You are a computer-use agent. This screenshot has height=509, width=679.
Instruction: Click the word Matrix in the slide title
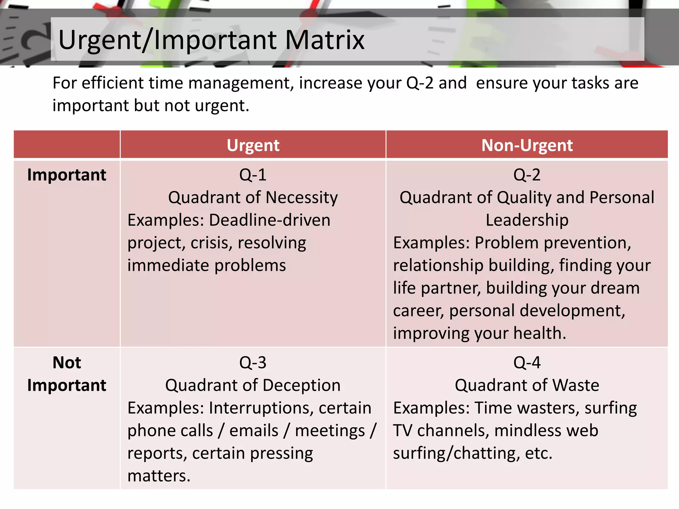pyautogui.click(x=325, y=40)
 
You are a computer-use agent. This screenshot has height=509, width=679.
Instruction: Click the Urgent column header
pyautogui.click(x=253, y=145)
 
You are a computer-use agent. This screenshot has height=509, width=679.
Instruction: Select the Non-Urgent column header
pyautogui.click(x=527, y=145)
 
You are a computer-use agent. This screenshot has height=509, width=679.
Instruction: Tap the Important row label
pyautogui.click(x=67, y=175)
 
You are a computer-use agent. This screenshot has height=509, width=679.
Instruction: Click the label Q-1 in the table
pyautogui.click(x=253, y=175)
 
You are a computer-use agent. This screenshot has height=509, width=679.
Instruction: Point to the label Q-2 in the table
pyautogui.click(x=527, y=175)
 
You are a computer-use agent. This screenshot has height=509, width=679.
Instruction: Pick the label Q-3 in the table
pyautogui.click(x=253, y=363)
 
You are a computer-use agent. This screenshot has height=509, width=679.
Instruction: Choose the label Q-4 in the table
pyautogui.click(x=527, y=363)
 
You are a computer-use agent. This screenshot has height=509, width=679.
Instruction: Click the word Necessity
pyautogui.click(x=302, y=198)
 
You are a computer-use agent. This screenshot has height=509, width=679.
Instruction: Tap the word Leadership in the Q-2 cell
pyautogui.click(x=527, y=220)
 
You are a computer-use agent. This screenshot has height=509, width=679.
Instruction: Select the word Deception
pyautogui.click(x=302, y=385)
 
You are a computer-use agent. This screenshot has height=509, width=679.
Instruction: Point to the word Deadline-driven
pyautogui.click(x=270, y=220)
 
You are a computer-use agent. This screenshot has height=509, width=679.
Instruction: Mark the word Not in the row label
pyautogui.click(x=67, y=363)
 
